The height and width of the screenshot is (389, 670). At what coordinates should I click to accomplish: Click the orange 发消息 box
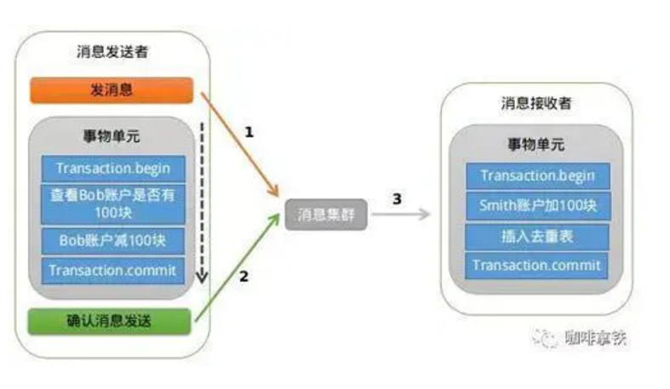tap(112, 90)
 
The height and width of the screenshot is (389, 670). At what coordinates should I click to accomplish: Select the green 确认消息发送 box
tap(112, 321)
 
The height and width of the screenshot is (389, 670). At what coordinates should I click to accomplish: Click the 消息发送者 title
tap(112, 52)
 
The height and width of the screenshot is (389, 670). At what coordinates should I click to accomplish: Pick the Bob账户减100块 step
tap(112, 240)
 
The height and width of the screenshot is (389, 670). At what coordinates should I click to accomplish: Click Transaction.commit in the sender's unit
tap(112, 271)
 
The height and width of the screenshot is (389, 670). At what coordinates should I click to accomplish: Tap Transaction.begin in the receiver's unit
tap(536, 176)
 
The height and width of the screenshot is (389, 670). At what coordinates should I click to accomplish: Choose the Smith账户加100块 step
tap(536, 205)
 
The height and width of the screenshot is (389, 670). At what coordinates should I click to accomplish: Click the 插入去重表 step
tap(536, 235)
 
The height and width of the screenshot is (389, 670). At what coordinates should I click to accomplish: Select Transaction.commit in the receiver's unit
tap(536, 265)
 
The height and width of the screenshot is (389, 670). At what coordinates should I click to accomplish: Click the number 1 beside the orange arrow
tap(249, 133)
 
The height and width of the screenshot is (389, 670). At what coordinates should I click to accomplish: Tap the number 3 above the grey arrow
tap(397, 198)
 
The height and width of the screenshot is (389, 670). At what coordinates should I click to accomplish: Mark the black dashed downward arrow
tap(202, 204)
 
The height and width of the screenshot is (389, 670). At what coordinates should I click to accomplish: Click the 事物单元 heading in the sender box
tap(112, 139)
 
